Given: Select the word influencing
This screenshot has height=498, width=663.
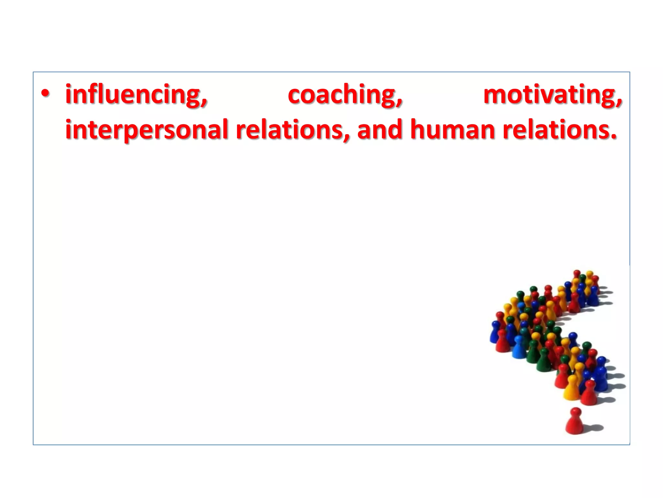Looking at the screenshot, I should coord(136,95).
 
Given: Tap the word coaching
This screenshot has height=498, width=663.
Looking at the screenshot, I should coord(345,95).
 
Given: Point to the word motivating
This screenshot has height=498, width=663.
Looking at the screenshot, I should coord(552,95).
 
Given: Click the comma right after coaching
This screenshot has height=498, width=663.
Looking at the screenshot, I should coord(400,103).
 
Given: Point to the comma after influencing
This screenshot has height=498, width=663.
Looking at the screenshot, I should coord(204,103).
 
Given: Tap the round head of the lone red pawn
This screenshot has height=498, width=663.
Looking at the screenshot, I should coord(575,412).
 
